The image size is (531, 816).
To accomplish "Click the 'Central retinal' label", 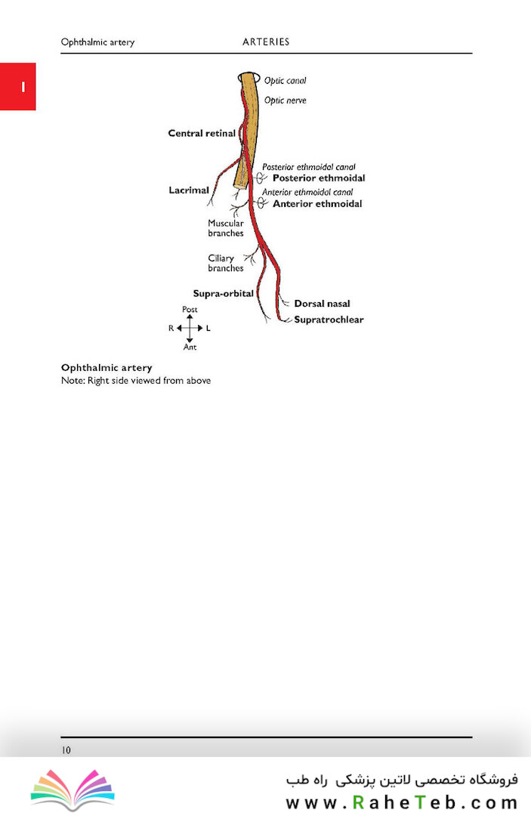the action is point(202,133).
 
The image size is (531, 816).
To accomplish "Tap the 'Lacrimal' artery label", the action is point(189,190).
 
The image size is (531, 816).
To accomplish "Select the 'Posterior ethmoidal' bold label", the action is point(319,178).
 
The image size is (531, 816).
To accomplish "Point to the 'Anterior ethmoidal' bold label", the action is point(317,203).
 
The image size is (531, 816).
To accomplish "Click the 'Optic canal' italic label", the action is point(285,81).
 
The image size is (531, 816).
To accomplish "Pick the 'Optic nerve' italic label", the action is point(285,100).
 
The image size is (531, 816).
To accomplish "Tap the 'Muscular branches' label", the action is point(226,228).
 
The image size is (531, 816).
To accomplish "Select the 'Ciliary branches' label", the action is point(226,263).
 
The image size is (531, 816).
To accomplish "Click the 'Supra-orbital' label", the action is point(223,293).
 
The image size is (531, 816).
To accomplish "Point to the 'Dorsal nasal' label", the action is point(322,304).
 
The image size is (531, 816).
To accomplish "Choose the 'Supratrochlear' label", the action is point(329,320).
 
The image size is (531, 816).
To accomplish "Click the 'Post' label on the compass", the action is point(190,309).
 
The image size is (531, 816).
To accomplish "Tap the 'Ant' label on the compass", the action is point(190,347).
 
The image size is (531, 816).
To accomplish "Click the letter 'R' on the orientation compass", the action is point(171,329).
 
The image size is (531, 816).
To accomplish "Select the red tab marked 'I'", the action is point(17,86).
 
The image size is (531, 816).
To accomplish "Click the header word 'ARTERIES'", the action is point(266,42).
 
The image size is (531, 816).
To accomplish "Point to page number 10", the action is point(66,750).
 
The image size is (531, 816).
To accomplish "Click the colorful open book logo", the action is point(73,790).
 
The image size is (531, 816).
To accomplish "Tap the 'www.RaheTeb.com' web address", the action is point(402,802).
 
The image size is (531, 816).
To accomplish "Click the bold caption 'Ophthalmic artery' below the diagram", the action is point(107,368).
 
